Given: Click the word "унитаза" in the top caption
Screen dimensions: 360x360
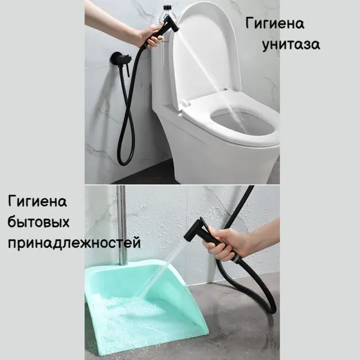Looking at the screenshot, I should [x=291, y=45].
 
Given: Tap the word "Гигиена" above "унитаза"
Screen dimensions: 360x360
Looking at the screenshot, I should [x=275, y=24].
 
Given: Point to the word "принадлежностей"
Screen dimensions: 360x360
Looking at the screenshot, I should [x=74, y=243].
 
